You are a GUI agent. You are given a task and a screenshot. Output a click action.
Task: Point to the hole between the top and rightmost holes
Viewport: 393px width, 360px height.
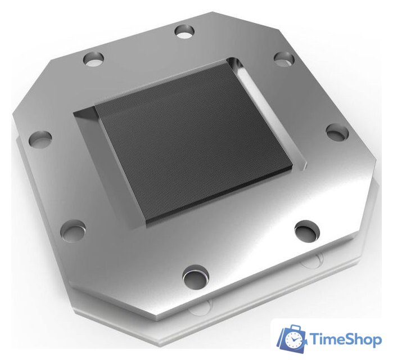click(284, 58)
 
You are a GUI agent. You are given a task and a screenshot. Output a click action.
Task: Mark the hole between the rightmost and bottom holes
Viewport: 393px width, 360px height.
click(306, 229)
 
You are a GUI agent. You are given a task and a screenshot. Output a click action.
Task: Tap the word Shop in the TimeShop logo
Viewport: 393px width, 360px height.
click(363, 339)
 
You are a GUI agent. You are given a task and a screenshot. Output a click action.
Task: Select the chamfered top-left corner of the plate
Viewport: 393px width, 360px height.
click(31, 84)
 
